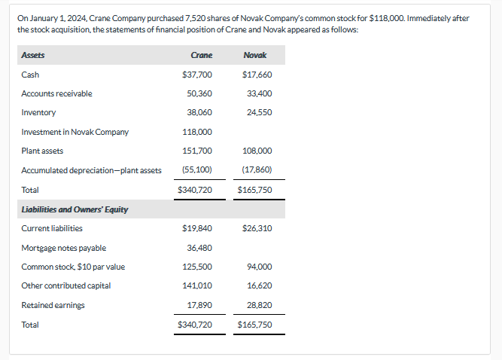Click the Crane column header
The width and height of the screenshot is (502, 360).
click(x=202, y=55)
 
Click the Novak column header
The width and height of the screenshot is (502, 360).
click(x=256, y=55)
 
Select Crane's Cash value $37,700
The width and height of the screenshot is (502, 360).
click(x=197, y=75)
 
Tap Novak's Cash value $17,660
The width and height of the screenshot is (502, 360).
click(x=257, y=75)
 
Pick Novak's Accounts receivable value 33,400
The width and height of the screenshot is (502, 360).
click(x=260, y=93)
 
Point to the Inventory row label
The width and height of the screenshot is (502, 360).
click(x=38, y=112)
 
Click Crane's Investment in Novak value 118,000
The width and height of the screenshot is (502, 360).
click(x=197, y=132)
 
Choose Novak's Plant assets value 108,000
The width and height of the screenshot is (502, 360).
click(x=257, y=151)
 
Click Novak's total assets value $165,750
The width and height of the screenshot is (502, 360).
click(x=254, y=190)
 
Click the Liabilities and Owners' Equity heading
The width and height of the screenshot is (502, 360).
click(x=75, y=209)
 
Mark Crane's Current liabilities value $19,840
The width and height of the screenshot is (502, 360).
click(x=197, y=228)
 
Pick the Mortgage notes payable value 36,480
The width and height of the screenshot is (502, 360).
click(x=199, y=248)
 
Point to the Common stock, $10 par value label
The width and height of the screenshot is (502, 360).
click(x=73, y=267)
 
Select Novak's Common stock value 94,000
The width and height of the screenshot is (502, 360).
click(x=260, y=267)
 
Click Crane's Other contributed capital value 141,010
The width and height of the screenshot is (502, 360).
click(x=197, y=286)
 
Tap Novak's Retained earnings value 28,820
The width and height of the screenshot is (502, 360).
click(x=260, y=305)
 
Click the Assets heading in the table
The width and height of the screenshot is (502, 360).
click(x=32, y=55)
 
